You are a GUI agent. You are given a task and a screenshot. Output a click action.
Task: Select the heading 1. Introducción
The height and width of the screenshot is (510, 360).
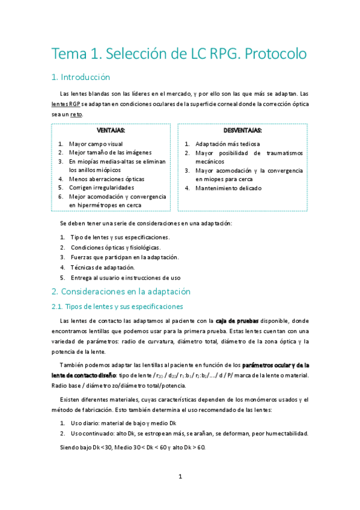(81, 77)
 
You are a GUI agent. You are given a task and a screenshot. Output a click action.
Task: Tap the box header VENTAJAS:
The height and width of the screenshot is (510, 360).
(111, 131)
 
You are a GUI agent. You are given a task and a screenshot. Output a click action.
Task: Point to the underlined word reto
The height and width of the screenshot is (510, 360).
(76, 114)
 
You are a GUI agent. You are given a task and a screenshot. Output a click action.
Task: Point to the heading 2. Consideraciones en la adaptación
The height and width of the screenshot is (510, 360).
(121, 292)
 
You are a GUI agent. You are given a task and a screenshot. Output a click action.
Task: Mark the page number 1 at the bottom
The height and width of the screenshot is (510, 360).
(180, 476)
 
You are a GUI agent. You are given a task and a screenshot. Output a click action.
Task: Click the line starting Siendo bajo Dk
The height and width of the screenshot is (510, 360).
(133, 447)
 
